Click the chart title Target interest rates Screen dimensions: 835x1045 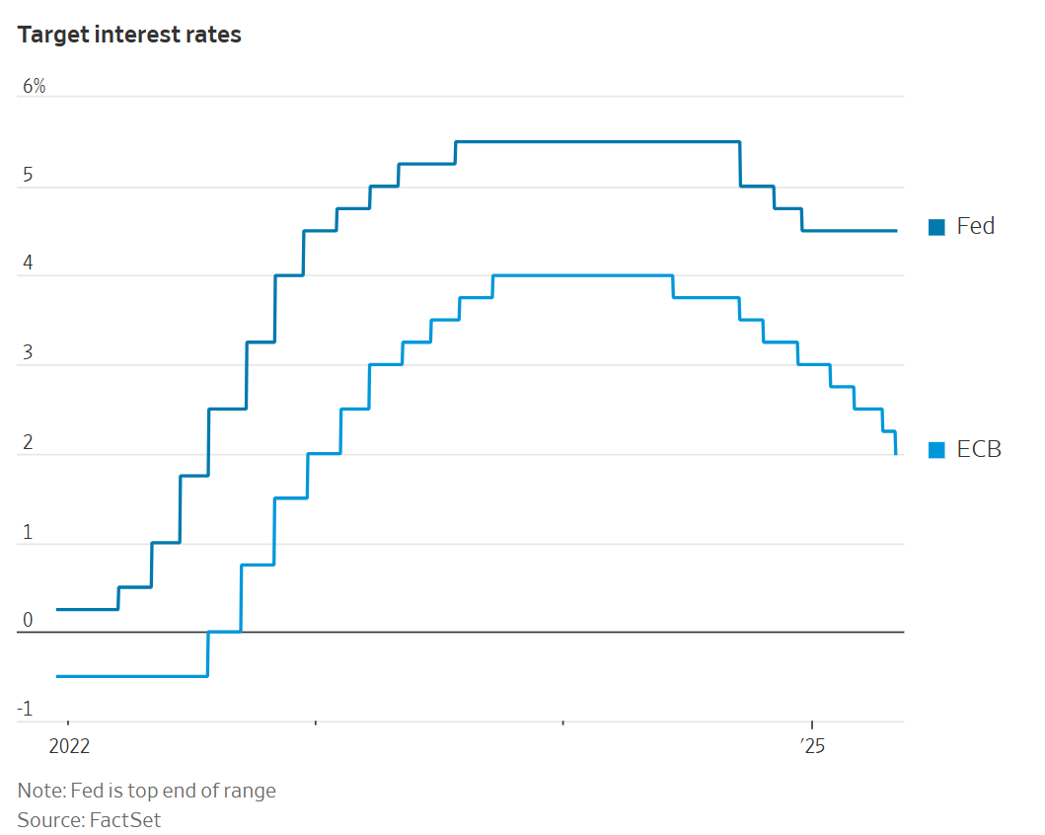point(129,35)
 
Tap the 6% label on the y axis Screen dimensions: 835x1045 point(34,87)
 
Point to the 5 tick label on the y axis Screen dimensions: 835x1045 point(28,177)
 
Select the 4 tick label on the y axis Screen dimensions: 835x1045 point(28,266)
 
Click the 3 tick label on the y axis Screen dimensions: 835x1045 point(28,354)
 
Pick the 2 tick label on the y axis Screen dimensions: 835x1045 point(28,443)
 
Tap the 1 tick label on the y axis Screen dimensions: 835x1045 point(28,533)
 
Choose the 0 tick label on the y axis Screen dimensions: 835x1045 point(28,621)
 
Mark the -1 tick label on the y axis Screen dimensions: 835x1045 point(26,710)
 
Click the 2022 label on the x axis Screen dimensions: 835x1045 point(68,746)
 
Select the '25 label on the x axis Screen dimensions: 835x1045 point(811,746)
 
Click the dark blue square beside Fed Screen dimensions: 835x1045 point(936,227)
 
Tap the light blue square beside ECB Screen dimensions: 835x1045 point(936,450)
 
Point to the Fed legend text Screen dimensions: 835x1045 point(976,226)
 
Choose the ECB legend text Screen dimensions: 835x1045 point(979,449)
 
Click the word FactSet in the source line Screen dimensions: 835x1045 point(125,819)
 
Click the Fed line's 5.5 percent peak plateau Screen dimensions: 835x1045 point(597,142)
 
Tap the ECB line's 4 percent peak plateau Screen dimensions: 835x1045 point(582,275)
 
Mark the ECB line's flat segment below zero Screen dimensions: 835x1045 point(132,676)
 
